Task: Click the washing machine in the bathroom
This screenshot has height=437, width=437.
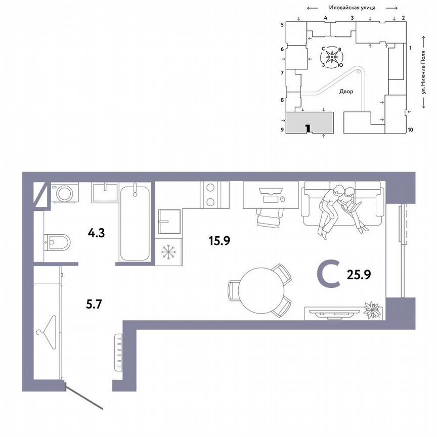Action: tap(64, 193)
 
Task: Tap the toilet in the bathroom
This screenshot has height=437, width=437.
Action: tap(58, 242)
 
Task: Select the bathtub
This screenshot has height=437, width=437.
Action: tap(135, 223)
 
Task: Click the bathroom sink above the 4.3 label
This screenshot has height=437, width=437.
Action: tap(105, 193)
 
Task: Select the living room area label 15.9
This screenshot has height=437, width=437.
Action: tap(220, 241)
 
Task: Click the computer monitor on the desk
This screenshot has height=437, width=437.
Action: tap(270, 192)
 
